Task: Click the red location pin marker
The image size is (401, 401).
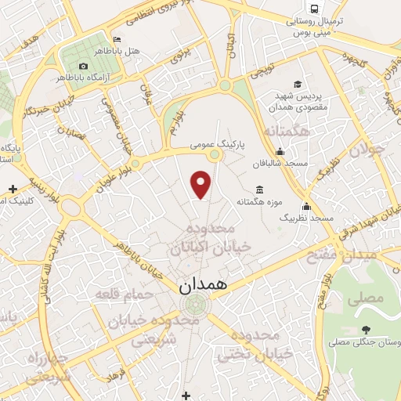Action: pyautogui.click(x=202, y=185)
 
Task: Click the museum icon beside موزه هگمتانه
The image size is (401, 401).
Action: pyautogui.click(x=259, y=190)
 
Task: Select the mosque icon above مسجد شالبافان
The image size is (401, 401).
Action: pyautogui.click(x=281, y=153)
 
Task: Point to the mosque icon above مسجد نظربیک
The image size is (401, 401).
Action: pyautogui.click(x=306, y=207)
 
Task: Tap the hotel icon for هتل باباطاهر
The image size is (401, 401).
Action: pyautogui.click(x=117, y=40)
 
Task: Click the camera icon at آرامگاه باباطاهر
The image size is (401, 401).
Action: pyautogui.click(x=84, y=66)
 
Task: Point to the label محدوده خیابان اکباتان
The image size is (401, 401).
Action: pyautogui.click(x=209, y=237)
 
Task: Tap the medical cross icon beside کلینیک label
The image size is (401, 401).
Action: pyautogui.click(x=13, y=189)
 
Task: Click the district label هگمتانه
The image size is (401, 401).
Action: pyautogui.click(x=289, y=132)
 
